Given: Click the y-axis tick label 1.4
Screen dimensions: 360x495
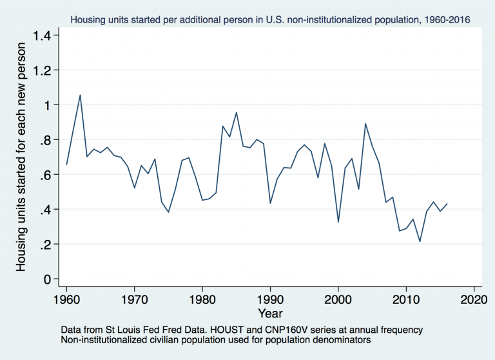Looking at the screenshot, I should (45, 35).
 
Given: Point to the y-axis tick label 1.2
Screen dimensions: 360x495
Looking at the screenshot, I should (45, 70).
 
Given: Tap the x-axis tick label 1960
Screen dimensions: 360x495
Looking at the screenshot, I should (66, 299).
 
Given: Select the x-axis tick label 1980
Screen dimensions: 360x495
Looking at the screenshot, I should (202, 299).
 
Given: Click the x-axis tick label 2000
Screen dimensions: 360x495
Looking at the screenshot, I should (338, 299).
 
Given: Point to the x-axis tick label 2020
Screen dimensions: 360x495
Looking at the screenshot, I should (474, 299).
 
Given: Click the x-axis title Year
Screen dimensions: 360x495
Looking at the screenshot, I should (269, 313).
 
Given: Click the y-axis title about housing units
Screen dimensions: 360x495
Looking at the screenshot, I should (21, 157).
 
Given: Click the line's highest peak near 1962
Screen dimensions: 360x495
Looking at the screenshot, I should (80, 95).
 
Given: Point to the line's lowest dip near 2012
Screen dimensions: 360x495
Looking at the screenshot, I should (420, 241).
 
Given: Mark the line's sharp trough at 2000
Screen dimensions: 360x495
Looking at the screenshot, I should (338, 222).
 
